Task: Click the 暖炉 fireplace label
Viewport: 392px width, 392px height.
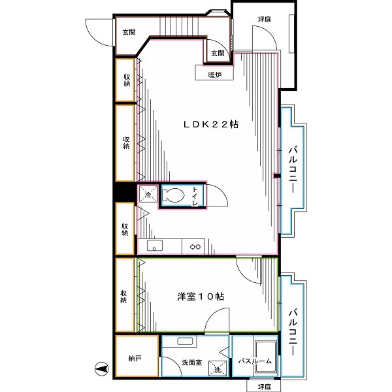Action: coord(215,74)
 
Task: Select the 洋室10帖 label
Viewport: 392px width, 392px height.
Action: coord(201,296)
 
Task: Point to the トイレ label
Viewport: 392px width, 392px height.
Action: coord(194,196)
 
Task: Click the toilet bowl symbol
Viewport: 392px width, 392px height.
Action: coord(173,195)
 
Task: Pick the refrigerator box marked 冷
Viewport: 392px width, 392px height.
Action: coord(148,195)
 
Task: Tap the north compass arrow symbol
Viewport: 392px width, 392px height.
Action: coord(101,368)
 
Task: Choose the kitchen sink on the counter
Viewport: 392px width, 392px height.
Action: coord(154,246)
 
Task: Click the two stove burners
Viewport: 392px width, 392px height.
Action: coord(194,246)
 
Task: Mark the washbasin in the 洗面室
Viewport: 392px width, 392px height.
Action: coord(184,342)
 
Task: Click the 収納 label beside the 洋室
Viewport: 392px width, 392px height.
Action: coord(124,295)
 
